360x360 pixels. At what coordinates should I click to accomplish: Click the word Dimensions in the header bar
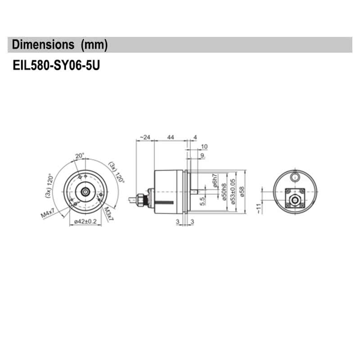coord(43,45)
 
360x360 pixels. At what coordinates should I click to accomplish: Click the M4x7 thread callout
coord(48,214)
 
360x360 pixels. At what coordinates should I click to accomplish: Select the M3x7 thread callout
coord(109,214)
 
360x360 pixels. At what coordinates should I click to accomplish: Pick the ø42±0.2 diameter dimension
coord(85,221)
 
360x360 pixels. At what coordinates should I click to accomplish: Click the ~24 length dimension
coord(144,137)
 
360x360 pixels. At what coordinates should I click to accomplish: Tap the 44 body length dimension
coord(171,137)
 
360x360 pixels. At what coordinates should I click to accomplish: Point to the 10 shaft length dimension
coord(204,146)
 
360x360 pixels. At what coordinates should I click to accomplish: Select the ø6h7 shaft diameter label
coord(216,181)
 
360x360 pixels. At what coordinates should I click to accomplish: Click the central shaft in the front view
coord(85,191)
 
